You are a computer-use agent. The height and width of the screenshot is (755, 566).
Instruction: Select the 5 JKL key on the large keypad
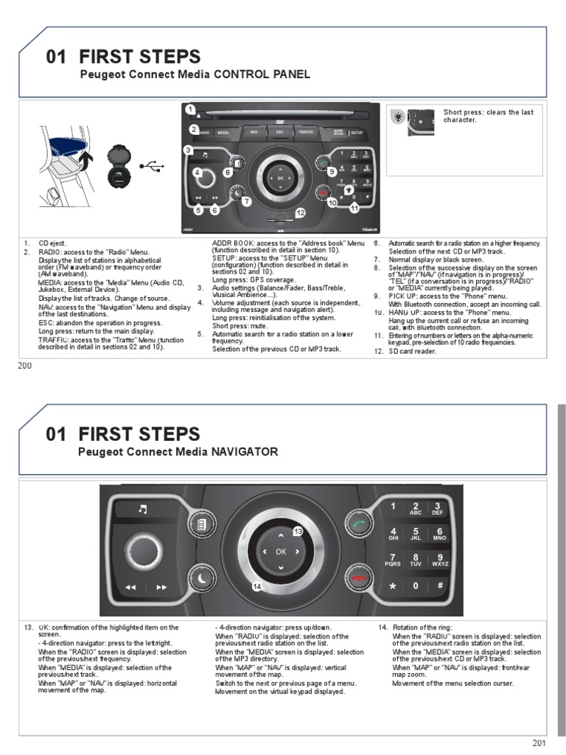click(416, 534)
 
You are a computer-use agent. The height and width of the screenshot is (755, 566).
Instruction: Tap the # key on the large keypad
click(439, 585)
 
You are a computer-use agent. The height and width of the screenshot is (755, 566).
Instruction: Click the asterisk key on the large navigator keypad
click(393, 585)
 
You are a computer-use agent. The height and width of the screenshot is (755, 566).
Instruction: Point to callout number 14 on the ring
click(257, 586)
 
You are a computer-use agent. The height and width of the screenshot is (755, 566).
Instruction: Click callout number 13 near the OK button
click(298, 531)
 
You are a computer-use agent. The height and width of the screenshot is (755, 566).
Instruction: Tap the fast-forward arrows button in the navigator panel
click(161, 588)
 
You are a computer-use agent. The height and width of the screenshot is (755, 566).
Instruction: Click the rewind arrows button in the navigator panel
click(131, 588)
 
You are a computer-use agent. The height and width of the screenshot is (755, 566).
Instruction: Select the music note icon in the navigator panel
click(143, 509)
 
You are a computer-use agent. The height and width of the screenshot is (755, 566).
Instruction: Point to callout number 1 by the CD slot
click(190, 110)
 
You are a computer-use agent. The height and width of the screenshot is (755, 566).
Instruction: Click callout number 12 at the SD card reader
click(299, 212)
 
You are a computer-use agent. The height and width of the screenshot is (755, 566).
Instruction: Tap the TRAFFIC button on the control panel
click(305, 133)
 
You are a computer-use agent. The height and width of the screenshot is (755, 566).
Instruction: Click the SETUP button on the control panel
click(357, 133)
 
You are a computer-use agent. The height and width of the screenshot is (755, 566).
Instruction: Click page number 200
click(25, 366)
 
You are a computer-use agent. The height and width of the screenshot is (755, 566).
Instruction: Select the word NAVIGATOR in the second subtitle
click(245, 452)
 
